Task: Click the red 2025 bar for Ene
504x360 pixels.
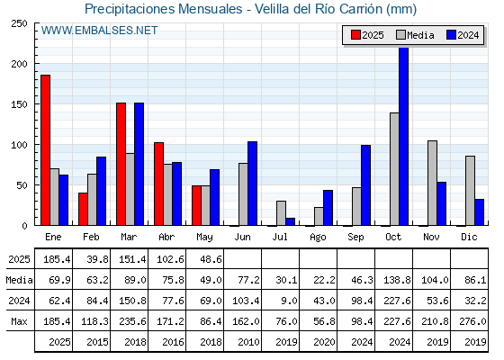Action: click(45, 150)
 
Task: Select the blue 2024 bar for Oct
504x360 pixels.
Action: click(404, 136)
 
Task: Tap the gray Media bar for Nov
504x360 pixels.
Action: click(432, 183)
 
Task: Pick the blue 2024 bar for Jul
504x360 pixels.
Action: click(290, 221)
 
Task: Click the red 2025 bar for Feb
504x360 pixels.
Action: click(83, 209)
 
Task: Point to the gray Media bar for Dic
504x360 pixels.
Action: click(470, 191)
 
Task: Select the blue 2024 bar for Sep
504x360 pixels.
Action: click(365, 185)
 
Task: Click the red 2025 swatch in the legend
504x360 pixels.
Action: click(355, 35)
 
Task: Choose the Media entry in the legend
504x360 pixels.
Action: click(415, 35)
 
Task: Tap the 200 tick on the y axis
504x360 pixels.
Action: click(19, 64)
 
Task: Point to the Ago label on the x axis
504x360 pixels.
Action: click(318, 238)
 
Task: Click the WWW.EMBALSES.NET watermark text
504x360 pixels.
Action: click(99, 31)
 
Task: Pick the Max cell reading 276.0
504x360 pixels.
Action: click(472, 321)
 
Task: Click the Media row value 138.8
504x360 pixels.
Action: click(397, 280)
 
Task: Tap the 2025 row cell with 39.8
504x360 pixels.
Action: click(97, 259)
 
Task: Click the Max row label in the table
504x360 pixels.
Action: click(19, 321)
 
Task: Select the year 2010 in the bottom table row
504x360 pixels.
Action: click(248, 342)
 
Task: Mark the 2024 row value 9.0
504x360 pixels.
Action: click(289, 301)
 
